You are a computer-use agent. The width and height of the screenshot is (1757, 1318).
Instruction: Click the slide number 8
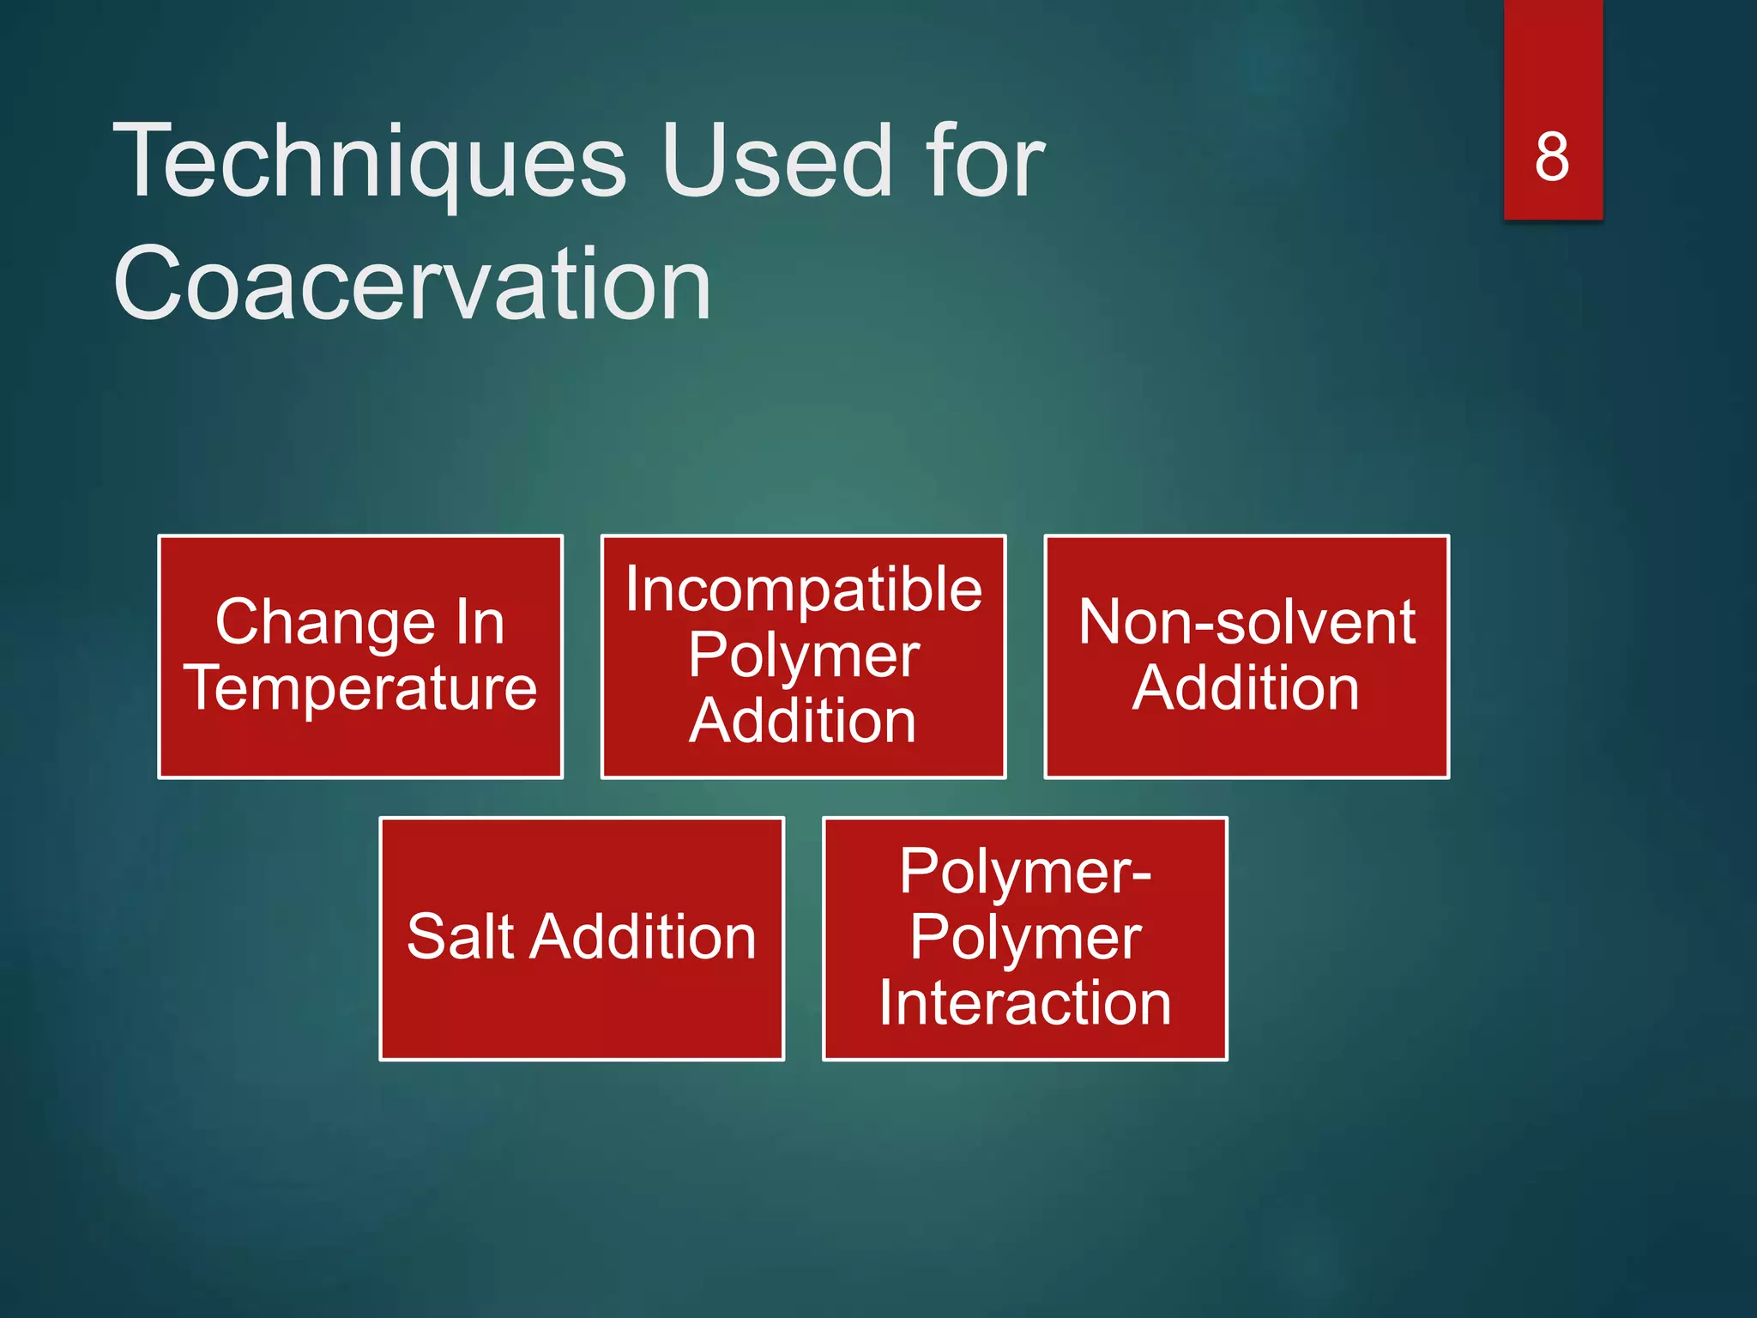coord(1552,157)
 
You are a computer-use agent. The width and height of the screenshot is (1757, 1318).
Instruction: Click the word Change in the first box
coord(325,623)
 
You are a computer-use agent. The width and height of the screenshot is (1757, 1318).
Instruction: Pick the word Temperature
coord(360,688)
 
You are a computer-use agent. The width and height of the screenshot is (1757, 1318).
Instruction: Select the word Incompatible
coord(803,589)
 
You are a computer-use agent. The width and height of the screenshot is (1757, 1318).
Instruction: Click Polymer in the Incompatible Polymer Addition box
coord(803,656)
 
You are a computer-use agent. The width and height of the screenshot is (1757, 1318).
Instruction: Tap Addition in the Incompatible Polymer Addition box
coord(803,721)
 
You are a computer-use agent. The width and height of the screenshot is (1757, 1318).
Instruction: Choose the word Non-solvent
coord(1247,622)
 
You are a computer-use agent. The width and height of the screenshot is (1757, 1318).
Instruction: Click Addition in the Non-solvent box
coord(1246,688)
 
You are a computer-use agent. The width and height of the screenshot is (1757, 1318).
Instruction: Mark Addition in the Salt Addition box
coord(643,936)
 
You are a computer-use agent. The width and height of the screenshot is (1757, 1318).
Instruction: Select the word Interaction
coord(1025,1003)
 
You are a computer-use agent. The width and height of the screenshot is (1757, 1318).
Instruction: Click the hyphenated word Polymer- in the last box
coord(1025,872)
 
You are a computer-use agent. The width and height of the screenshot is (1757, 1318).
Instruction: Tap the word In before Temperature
coord(479,623)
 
